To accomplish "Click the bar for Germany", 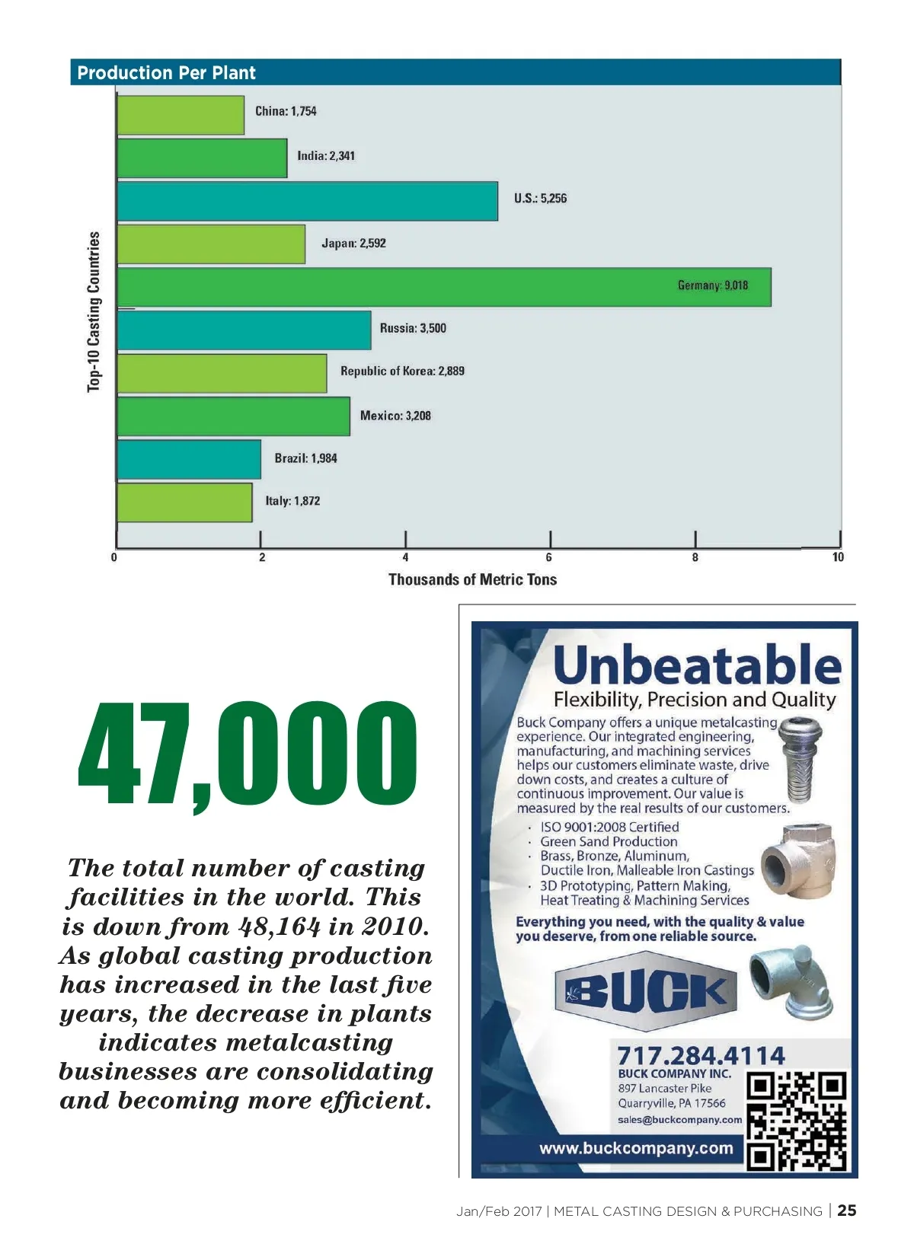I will click(444, 287).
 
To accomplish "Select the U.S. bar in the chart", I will click(308, 201).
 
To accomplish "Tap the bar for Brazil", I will click(189, 459).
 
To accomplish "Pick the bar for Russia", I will click(244, 330).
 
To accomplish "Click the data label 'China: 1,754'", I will click(286, 111).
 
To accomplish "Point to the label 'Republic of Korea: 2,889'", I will click(402, 372).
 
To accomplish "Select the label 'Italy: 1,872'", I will click(292, 501).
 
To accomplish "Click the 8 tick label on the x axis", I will click(695, 557).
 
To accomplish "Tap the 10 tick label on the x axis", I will click(838, 557).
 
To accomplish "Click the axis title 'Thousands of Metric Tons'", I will click(472, 579).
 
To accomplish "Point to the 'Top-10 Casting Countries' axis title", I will click(94, 311).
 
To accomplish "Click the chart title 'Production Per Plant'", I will click(166, 73).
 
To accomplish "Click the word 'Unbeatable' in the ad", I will click(697, 665).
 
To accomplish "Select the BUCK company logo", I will click(646, 991).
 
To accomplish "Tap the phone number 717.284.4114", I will click(701, 1055).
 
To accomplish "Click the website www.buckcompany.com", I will click(636, 1148).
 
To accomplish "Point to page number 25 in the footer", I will click(847, 1211).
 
